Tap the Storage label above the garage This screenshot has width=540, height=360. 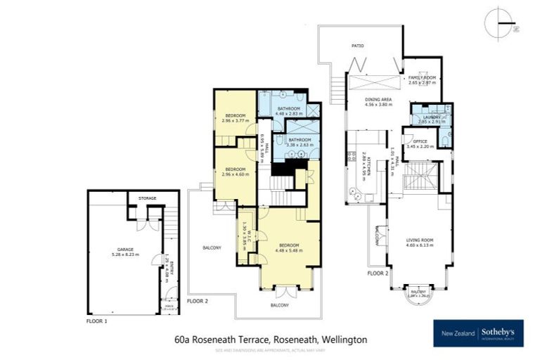click(147, 198)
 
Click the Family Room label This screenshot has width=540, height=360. click(422, 79)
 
